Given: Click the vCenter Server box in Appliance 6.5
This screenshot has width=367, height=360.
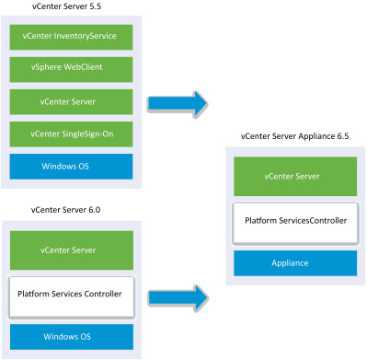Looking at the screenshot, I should click(294, 176).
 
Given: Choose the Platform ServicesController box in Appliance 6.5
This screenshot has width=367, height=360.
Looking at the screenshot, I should click(294, 222).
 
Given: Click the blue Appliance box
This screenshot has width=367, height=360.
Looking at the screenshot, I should click(294, 263).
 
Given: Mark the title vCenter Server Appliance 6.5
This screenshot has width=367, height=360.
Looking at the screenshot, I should click(294, 136).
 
